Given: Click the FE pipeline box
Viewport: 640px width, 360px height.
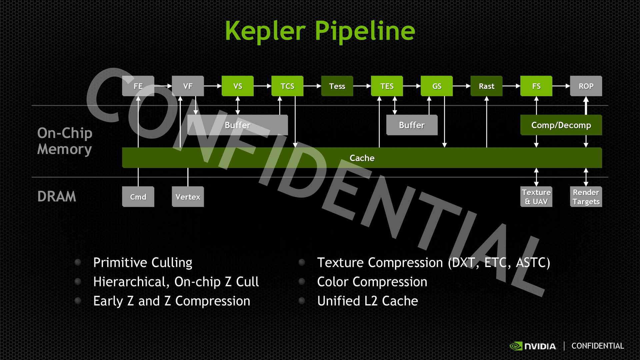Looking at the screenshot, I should pos(138,86).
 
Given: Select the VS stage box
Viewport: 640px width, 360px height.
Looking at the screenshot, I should pos(237,86).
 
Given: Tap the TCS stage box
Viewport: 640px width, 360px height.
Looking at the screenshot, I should pos(287,86).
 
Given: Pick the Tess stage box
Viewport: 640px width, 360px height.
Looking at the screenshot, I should pos(337,86).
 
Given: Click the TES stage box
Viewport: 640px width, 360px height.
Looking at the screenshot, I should pos(387,86).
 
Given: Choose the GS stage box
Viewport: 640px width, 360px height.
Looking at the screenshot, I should pos(437,86).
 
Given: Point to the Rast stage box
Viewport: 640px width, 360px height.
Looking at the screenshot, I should pos(486,86).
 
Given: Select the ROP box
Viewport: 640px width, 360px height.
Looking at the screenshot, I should pos(586,86).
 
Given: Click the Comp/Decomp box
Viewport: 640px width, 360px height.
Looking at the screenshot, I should pos(561,125).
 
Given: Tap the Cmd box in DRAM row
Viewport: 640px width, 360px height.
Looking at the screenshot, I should pos(138,197).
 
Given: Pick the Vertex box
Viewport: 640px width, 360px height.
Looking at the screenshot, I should pos(188,197).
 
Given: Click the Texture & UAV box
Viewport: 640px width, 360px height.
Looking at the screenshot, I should pos(536,197).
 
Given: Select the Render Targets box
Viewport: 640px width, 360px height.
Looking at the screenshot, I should pos(586,197).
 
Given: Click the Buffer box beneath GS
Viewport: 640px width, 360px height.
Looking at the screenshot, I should pos(412,125).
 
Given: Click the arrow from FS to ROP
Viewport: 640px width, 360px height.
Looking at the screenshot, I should pos(561,86).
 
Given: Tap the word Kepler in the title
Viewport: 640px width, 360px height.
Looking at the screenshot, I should pos(265,31).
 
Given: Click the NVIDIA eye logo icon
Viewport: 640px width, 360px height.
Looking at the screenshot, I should pos(516,346).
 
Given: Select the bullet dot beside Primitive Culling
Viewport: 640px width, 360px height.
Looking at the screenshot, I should pos(78,262).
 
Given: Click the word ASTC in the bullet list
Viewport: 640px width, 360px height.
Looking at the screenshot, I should pos(532,263).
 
